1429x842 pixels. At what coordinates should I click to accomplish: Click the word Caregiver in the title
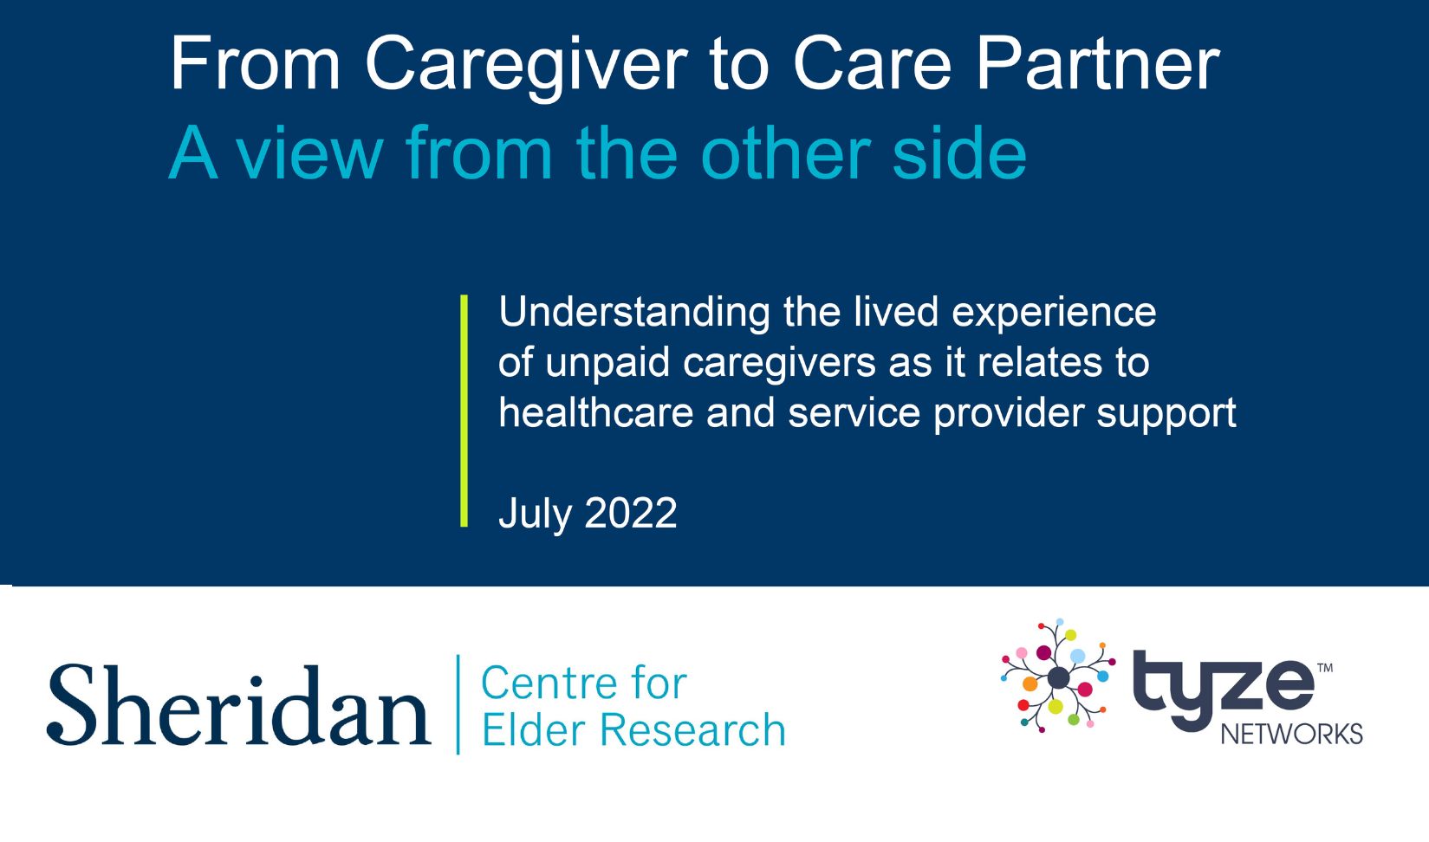point(526,67)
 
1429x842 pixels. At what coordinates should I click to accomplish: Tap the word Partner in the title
point(1098,64)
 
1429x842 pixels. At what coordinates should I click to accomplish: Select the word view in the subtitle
point(310,153)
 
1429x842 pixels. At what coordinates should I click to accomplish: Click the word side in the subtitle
point(959,152)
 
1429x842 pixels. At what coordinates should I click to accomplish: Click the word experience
point(1054,314)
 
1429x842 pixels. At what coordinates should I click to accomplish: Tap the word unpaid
point(607,364)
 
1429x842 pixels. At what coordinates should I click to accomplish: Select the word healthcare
point(596,412)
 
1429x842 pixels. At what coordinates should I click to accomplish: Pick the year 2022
point(630,514)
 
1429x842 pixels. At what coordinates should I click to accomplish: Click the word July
point(535,515)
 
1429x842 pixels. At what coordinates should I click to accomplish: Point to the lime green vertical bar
point(464,411)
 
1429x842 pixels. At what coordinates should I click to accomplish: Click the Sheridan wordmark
point(239,705)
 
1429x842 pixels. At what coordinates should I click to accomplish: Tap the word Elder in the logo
point(533,730)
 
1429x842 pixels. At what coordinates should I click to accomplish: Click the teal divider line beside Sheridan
point(458,704)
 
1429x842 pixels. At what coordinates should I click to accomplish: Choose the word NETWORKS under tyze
point(1292,735)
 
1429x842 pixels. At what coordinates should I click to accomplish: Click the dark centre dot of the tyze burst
point(1058,678)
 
